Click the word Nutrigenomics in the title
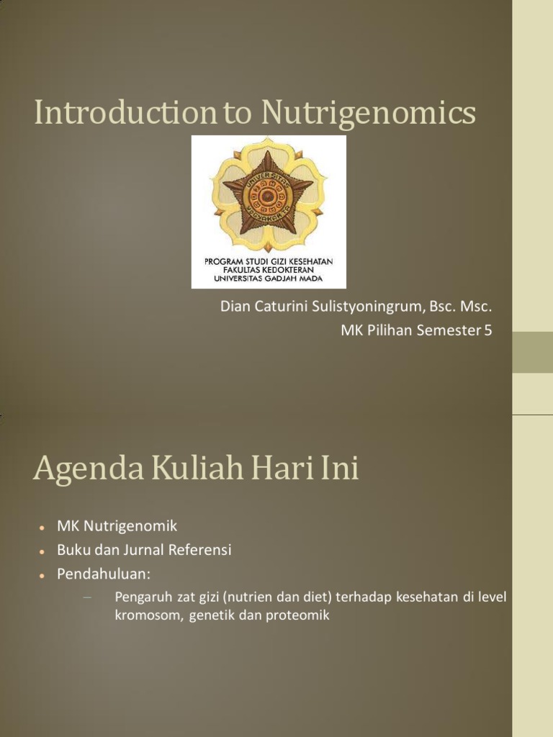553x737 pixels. point(368,114)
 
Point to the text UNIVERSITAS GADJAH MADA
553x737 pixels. point(268,278)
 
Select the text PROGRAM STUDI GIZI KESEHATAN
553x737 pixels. point(268,261)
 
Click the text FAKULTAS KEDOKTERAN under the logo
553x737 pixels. point(268,269)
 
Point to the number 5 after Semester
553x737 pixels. point(488,330)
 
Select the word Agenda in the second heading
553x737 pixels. point(75,471)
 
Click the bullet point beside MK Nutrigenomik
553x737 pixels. point(43,528)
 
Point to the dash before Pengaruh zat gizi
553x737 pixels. point(89,596)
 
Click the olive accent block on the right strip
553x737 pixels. point(532,352)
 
